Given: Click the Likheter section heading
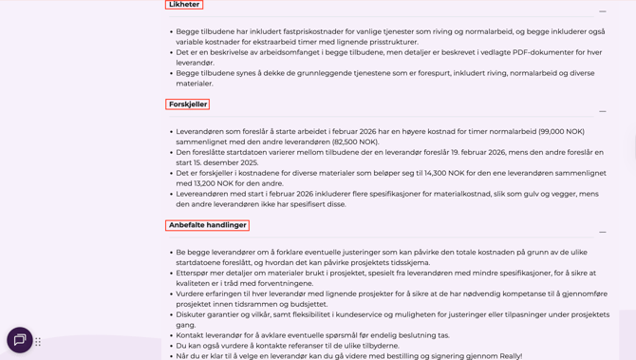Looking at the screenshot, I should [184, 5].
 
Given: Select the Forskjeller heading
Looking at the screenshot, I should [187, 104].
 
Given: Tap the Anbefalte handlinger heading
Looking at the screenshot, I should [207, 225].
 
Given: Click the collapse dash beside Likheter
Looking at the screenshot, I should [602, 11].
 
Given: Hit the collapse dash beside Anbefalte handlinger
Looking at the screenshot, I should [602, 232].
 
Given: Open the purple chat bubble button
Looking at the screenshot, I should [19, 340].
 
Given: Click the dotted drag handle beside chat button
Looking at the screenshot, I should [38, 342].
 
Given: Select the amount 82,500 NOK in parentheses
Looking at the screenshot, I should [355, 142].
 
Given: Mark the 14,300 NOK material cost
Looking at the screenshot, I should [451, 173].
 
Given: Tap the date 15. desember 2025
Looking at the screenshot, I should [227, 162].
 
